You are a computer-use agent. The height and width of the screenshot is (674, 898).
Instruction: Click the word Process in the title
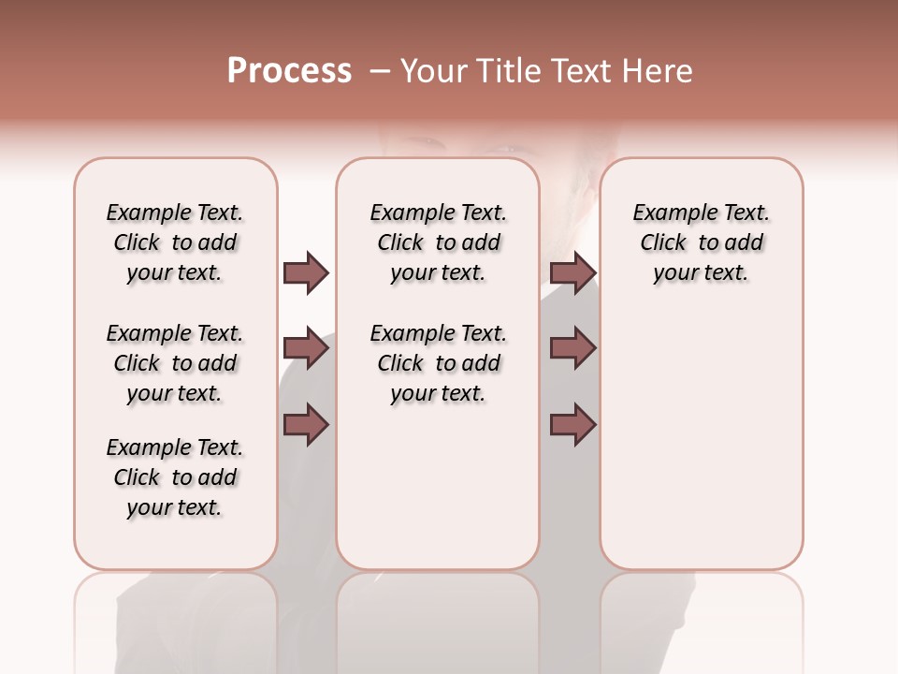click(289, 71)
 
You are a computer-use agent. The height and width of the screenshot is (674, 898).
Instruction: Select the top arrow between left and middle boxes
click(306, 272)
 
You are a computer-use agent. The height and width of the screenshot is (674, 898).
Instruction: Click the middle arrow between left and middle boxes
click(306, 349)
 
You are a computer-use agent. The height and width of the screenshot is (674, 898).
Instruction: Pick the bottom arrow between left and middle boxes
click(306, 426)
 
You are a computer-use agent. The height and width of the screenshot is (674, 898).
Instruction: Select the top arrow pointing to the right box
click(572, 272)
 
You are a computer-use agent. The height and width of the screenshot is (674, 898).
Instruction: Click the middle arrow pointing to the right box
click(572, 349)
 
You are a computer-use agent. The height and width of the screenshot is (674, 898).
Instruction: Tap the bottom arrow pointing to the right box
click(572, 426)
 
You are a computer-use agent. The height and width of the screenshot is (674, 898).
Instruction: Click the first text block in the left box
click(175, 242)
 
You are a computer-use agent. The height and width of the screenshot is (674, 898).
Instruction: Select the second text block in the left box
click(175, 363)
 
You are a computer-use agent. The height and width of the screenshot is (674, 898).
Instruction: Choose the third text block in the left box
click(175, 477)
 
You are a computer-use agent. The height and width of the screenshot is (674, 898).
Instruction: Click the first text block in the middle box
click(438, 242)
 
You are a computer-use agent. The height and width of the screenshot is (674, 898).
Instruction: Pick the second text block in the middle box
click(438, 363)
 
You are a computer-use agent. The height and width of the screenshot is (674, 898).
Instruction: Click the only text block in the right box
click(701, 242)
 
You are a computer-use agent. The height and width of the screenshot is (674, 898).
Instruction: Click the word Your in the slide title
click(433, 71)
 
